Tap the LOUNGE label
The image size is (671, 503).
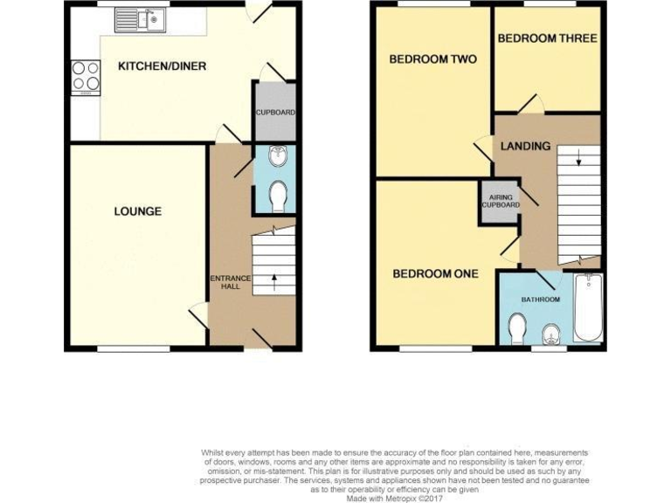pos(137,211)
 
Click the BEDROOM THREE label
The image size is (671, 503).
pos(547,38)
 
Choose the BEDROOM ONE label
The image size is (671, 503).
pos(435,273)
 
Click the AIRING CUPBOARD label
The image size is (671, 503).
pos(500,201)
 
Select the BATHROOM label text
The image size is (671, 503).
pos(540,300)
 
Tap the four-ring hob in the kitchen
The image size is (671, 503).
pos(86,76)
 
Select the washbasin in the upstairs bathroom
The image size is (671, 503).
pos(551,334)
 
